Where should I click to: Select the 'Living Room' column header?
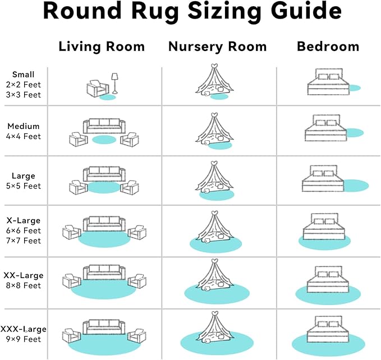(102, 47)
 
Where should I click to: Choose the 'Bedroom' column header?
(328, 47)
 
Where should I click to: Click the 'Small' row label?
(23, 75)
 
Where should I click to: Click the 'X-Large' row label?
(23, 220)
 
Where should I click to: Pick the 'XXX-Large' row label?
(23, 329)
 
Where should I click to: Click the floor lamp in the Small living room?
(115, 83)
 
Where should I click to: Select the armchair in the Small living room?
(97, 89)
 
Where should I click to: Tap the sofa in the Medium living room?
(104, 126)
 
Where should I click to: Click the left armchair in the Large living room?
(78, 187)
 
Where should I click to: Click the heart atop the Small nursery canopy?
(213, 67)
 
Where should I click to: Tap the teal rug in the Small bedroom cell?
(354, 88)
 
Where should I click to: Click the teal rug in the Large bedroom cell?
(355, 185)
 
